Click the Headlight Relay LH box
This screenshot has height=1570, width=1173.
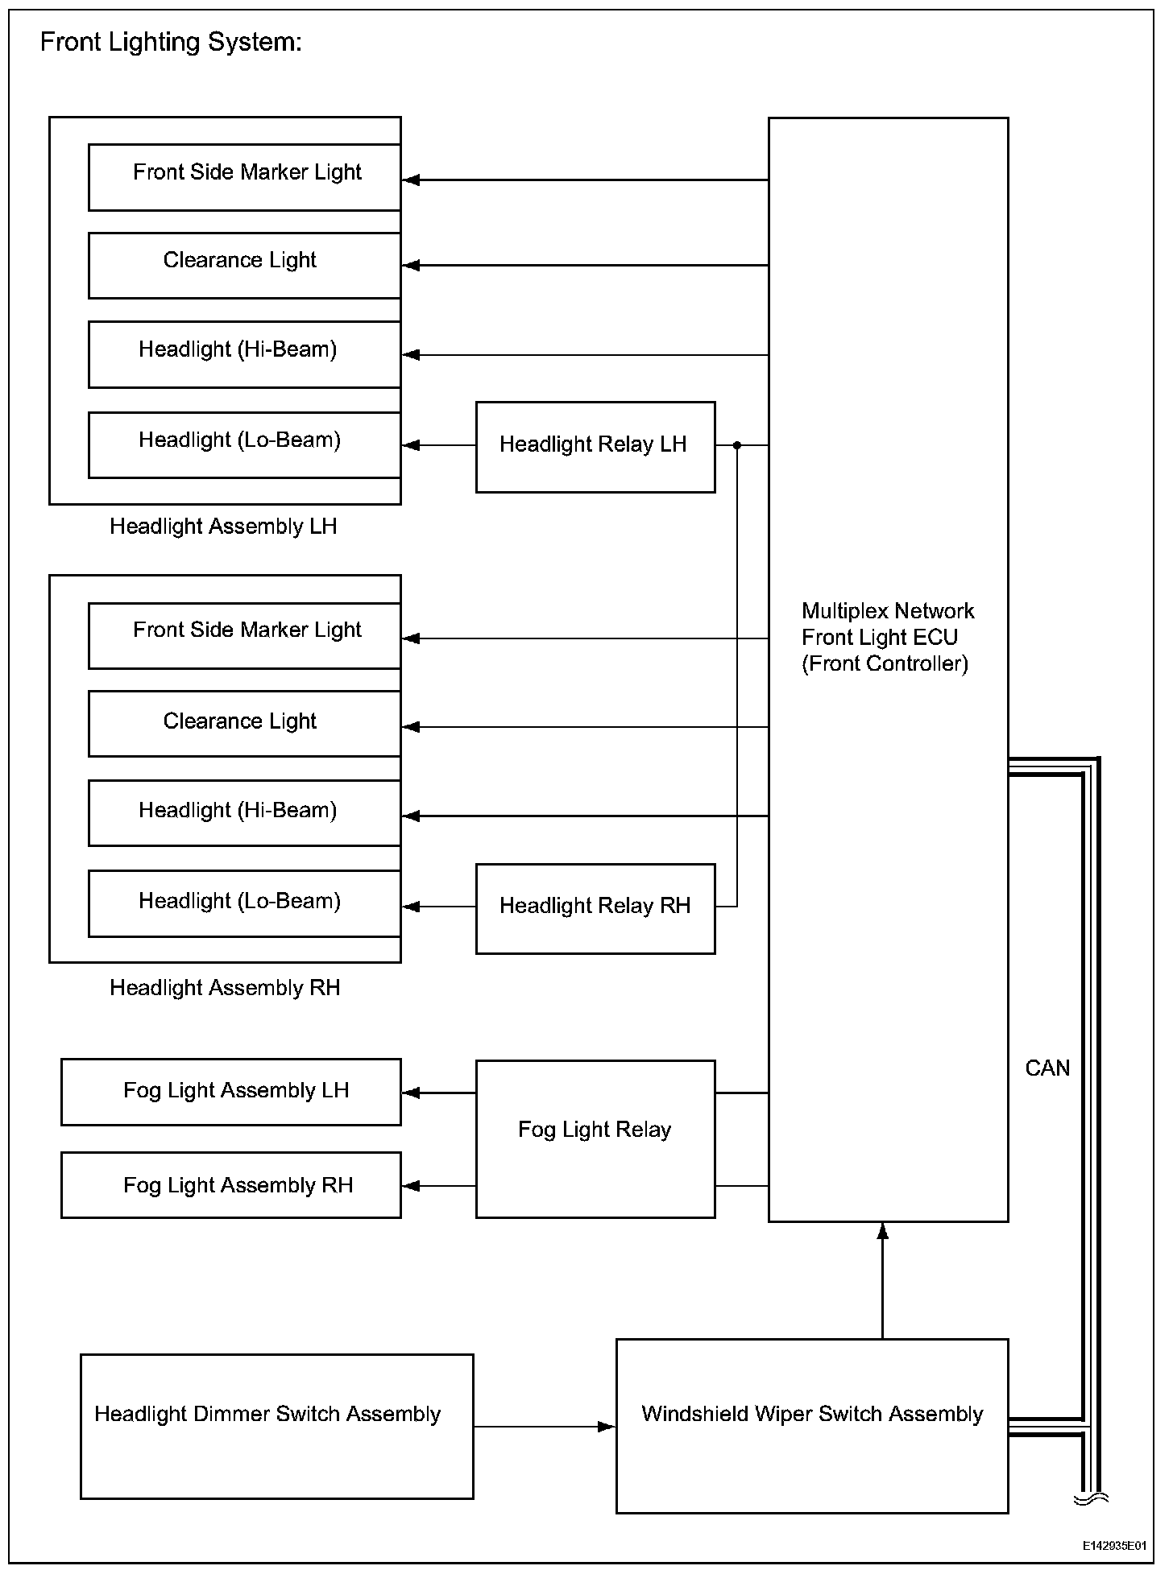click(x=595, y=447)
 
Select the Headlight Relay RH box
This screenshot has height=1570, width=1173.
click(x=595, y=908)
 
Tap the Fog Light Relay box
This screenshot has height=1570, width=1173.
click(x=595, y=1138)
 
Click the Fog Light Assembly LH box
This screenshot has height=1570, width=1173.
click(x=231, y=1092)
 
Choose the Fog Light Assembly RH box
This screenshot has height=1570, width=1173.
click(x=231, y=1185)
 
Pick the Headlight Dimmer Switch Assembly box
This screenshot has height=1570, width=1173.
click(x=276, y=1426)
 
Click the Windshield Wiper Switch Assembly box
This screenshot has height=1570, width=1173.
click(x=811, y=1426)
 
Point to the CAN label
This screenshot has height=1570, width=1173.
click(x=1047, y=1068)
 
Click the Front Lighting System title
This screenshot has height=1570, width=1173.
click(x=171, y=42)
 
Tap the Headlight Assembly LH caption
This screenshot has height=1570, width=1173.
click(x=223, y=527)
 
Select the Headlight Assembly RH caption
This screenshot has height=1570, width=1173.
click(x=225, y=988)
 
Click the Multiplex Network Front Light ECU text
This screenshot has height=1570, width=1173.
click(x=886, y=637)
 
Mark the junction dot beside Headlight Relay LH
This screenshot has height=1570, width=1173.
click(x=737, y=444)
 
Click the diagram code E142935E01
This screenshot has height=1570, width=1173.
click(x=1114, y=1546)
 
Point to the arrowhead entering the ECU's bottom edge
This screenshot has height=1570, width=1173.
click(x=882, y=1231)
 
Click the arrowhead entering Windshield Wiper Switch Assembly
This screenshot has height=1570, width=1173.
click(x=607, y=1427)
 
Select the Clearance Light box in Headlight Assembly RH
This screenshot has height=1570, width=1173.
click(x=244, y=723)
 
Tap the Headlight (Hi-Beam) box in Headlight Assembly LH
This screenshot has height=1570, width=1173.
click(x=244, y=354)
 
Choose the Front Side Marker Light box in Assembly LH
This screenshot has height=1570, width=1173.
click(x=244, y=177)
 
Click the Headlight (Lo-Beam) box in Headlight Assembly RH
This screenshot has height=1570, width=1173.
click(x=244, y=903)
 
